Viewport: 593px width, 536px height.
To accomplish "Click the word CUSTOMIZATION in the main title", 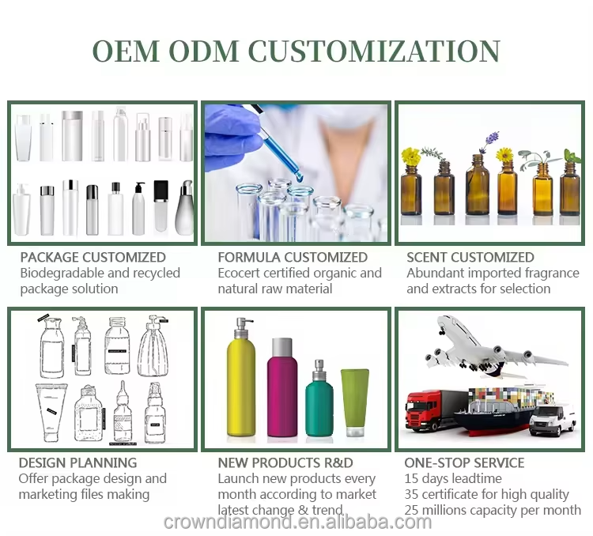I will tap(374, 51).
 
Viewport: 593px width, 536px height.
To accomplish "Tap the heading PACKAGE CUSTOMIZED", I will tap(93, 257).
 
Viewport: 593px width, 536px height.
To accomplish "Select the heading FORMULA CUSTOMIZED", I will tap(293, 257).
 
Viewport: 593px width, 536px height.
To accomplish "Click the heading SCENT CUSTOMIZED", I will tap(470, 257).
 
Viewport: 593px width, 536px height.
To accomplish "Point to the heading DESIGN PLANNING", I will tap(77, 462).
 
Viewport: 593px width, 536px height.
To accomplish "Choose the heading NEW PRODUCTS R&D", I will tap(285, 462).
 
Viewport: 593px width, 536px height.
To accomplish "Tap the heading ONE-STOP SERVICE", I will tap(464, 462).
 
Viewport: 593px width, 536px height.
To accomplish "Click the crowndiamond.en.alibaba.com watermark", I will tap(297, 522).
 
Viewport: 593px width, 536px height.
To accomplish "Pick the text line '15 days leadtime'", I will tap(452, 478).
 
